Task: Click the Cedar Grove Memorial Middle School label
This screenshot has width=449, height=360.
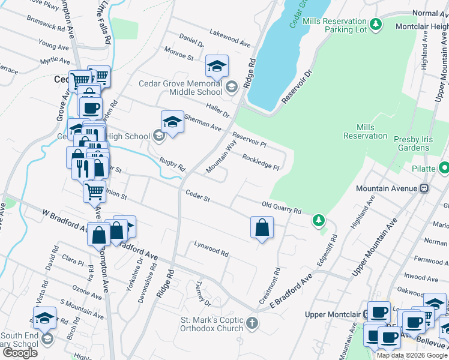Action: (180, 88)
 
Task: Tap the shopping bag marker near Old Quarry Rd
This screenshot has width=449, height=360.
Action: (262, 227)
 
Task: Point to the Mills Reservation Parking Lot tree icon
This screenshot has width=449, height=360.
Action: (376, 24)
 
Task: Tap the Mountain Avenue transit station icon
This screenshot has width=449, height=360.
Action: (424, 188)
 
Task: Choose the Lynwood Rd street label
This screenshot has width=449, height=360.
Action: (211, 249)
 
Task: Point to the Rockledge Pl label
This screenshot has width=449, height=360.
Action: (261, 162)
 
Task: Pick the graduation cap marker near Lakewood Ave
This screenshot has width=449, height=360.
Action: (217, 65)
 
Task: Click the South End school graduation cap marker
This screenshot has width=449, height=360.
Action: (44, 318)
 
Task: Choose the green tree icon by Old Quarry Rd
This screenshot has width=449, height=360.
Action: (318, 221)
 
